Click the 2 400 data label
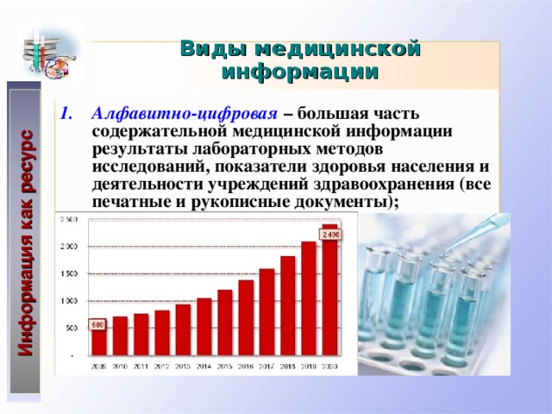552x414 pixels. point(329,235)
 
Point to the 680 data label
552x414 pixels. point(98,324)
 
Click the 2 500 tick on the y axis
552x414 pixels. point(66,220)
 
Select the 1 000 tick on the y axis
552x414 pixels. point(66,301)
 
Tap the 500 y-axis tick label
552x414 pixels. point(69,328)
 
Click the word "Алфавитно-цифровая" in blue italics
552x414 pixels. point(185,114)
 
